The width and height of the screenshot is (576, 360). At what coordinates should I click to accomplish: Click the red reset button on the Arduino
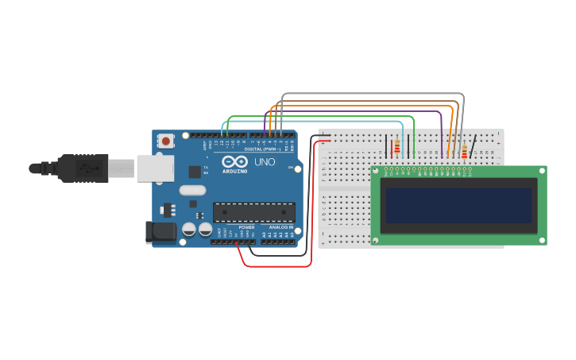point(166,141)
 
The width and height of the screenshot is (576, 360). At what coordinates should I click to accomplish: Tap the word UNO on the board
point(265,162)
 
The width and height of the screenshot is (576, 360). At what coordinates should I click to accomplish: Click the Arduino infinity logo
point(235,161)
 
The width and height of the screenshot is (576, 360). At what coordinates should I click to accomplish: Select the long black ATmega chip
point(253,212)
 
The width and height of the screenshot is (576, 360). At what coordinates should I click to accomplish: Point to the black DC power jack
point(161,232)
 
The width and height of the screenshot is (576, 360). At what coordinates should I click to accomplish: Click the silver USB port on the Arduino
point(155,168)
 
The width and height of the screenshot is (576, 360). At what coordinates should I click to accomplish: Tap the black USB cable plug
point(83,168)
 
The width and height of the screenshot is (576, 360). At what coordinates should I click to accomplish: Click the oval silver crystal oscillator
point(192,190)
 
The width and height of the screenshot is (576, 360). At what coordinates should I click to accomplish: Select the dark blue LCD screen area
point(458,205)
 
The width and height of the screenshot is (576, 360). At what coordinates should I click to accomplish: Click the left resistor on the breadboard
point(396,146)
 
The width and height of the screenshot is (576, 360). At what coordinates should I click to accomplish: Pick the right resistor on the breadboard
point(464,151)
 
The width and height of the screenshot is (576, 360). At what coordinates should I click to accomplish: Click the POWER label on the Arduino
point(246,227)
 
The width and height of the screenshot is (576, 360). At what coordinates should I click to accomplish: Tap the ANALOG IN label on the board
point(280,227)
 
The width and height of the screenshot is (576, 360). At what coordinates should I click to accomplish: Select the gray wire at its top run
point(373,94)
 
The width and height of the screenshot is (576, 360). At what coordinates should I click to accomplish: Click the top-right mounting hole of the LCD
point(542,171)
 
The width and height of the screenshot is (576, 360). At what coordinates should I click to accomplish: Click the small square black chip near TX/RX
point(195,172)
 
